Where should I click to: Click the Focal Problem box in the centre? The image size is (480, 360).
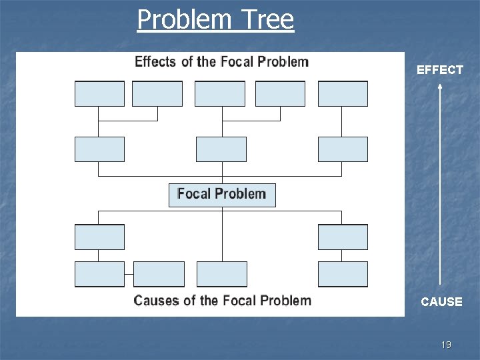tap(221, 195)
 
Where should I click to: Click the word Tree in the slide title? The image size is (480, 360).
tap(268, 19)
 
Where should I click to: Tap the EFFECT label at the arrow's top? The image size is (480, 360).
tap(439, 69)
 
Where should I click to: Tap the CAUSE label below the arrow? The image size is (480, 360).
tap(441, 301)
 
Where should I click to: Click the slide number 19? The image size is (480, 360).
tap(446, 345)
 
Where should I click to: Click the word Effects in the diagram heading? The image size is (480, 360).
tap(155, 62)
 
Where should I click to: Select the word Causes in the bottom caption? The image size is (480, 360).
tap(157, 301)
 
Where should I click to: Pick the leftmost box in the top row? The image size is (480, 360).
tap(99, 94)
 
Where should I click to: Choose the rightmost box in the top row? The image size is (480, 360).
tap(343, 94)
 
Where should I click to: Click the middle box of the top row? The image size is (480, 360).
tap(220, 94)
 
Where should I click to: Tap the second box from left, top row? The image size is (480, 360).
tap(157, 94)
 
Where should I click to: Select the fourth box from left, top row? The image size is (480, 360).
tap(281, 94)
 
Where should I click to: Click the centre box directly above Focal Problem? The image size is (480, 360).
tap(221, 149)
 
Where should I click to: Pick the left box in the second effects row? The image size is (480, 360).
tap(99, 149)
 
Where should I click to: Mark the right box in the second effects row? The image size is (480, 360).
tap(343, 149)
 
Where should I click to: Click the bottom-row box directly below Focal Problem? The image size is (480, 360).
tap(222, 274)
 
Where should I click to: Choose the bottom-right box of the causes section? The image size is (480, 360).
tap(343, 274)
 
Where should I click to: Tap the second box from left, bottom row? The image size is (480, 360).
tap(159, 274)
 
